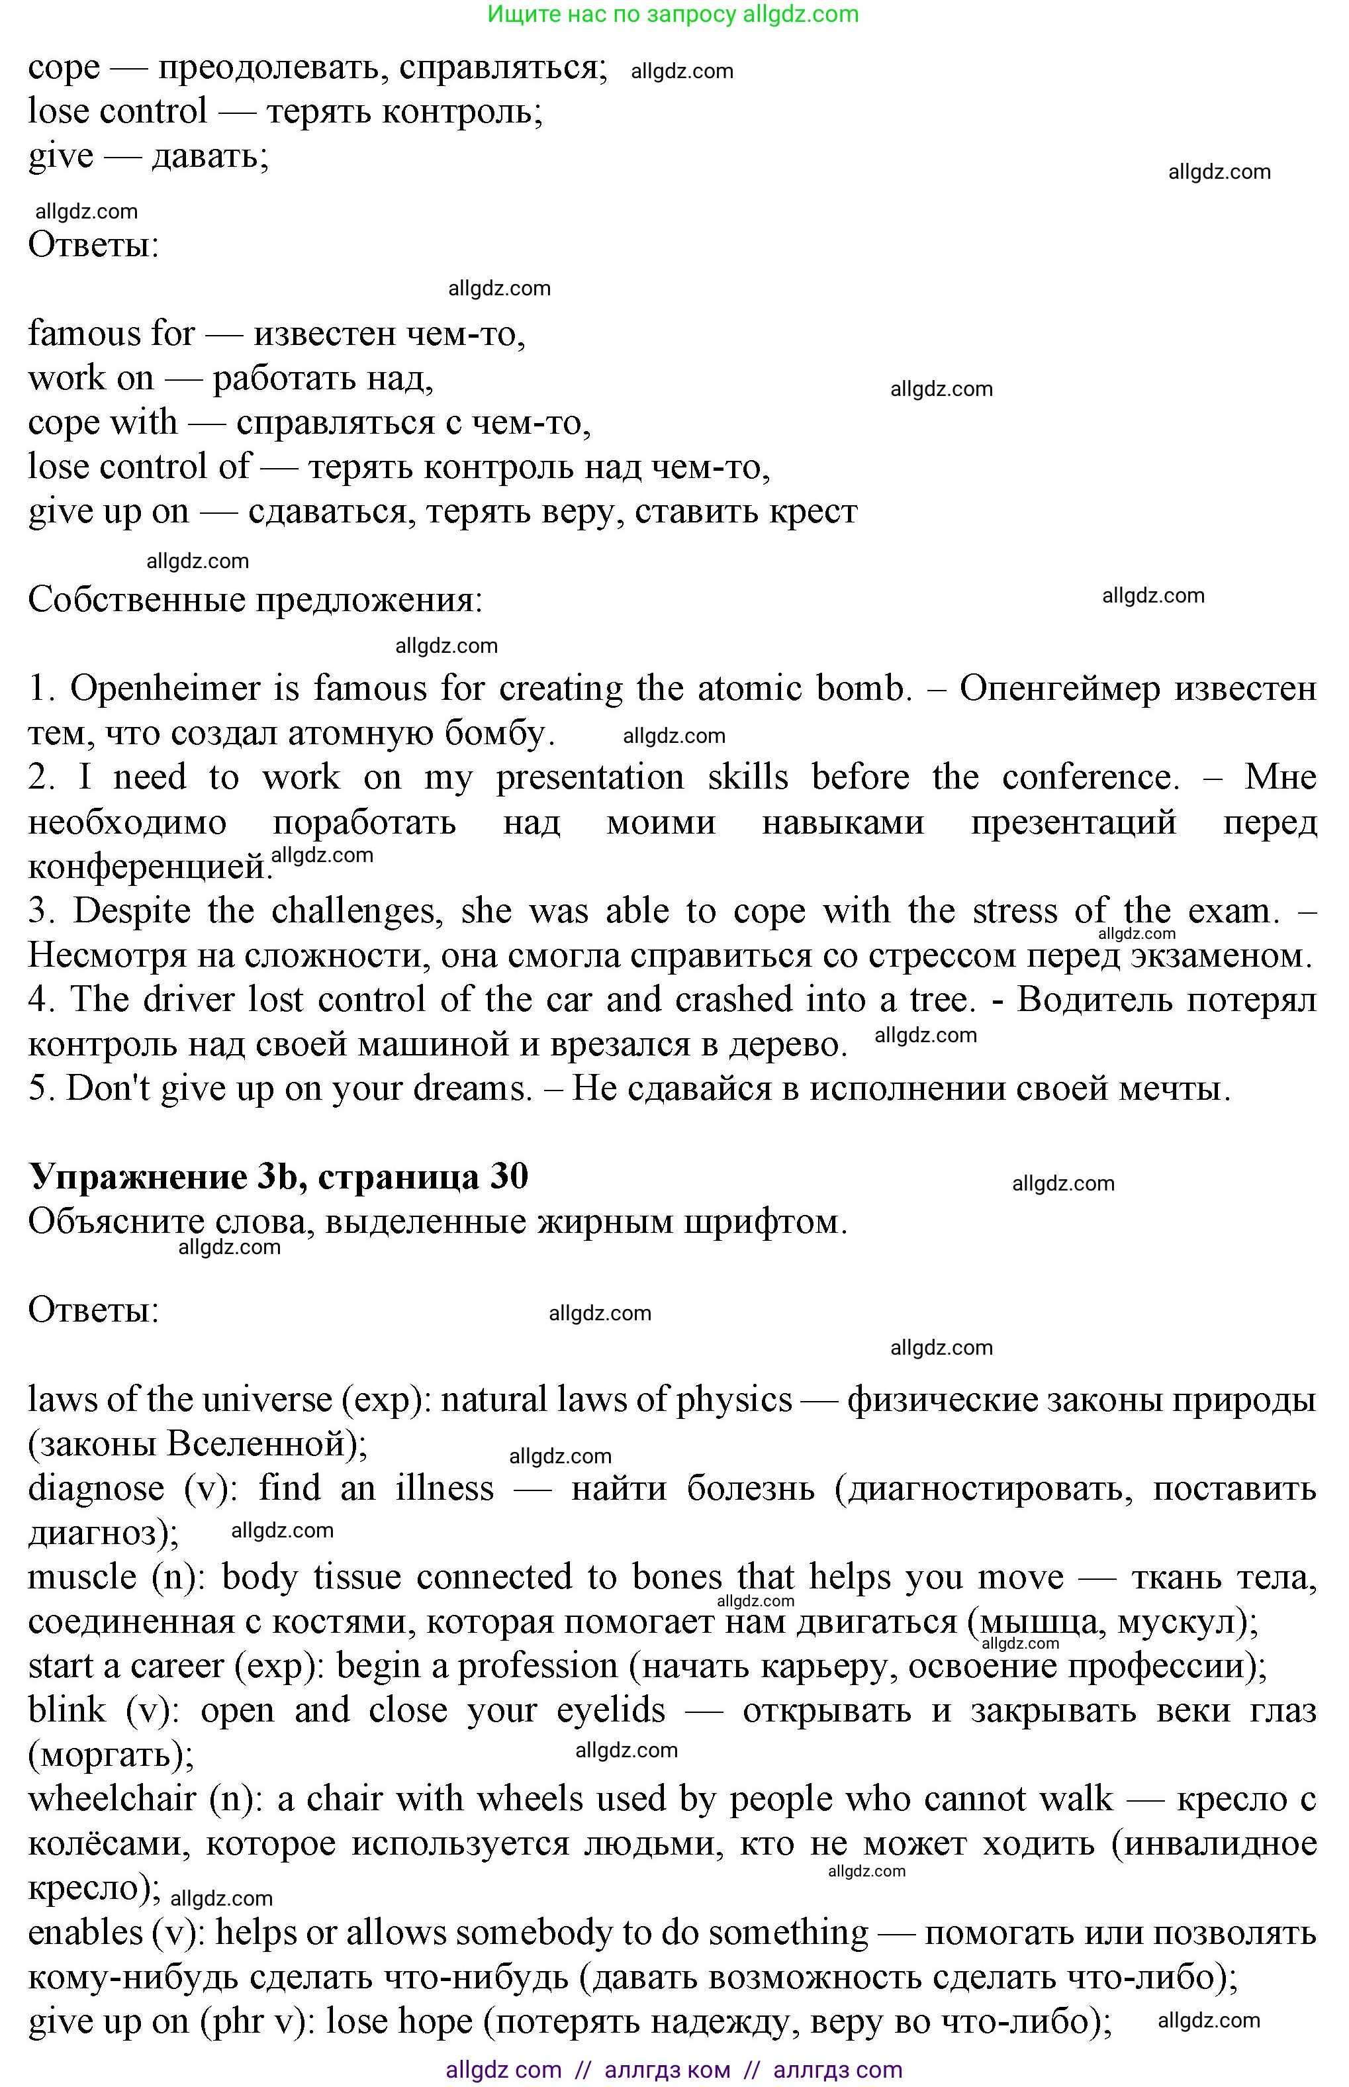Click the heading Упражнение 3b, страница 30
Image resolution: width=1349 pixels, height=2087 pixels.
click(279, 1177)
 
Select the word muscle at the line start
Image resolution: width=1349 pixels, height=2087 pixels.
click(81, 1578)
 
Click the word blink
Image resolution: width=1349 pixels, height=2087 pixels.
click(67, 1710)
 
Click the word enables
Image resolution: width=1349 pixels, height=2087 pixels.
click(84, 1933)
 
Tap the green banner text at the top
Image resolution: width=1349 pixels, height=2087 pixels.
click(673, 14)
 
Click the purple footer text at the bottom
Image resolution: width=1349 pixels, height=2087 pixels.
click(673, 2070)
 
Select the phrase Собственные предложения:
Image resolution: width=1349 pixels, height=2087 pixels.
click(255, 600)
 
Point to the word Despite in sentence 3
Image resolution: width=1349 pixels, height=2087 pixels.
click(132, 911)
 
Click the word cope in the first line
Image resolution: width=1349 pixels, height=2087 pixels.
click(63, 68)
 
